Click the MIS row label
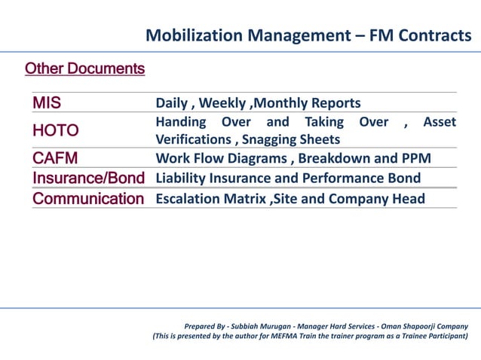(47, 102)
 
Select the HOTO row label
(55, 130)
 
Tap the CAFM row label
(55, 158)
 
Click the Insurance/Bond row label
(87, 178)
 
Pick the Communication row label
(87, 199)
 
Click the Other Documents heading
(84, 69)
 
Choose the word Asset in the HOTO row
(440, 122)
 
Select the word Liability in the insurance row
(180, 178)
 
